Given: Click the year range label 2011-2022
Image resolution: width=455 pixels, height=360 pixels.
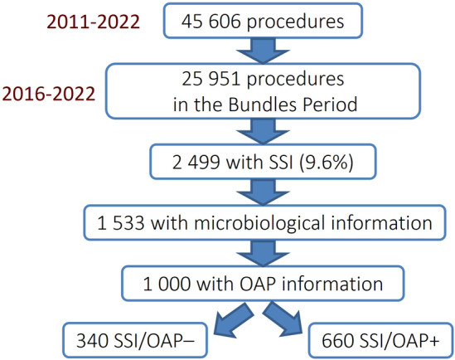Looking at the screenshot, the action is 93,22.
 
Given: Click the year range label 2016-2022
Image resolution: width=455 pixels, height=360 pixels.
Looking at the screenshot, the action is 49,94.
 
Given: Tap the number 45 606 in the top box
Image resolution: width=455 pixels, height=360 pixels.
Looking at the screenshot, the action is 211,22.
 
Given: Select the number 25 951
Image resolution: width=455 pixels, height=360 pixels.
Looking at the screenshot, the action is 211,79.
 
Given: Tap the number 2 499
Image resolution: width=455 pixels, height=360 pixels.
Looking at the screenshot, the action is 196,162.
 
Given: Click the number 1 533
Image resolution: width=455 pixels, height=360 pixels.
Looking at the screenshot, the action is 120,223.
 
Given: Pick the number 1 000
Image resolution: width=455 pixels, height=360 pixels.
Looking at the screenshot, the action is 167,284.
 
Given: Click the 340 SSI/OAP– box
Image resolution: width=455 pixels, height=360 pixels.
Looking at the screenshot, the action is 135,340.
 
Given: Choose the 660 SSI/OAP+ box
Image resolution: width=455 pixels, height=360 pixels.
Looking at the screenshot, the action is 380,340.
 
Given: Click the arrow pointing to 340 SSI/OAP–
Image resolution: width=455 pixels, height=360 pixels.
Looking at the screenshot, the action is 233,320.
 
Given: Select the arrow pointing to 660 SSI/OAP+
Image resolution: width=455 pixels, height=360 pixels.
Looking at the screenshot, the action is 283,319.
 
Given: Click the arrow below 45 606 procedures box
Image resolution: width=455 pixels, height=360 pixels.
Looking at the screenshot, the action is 264,51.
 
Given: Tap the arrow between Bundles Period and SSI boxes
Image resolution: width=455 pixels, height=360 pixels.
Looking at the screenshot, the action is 264,131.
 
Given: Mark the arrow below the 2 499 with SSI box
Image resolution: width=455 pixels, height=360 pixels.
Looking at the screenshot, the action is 264,192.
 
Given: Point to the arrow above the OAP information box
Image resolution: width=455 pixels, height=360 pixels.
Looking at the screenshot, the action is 264,253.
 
